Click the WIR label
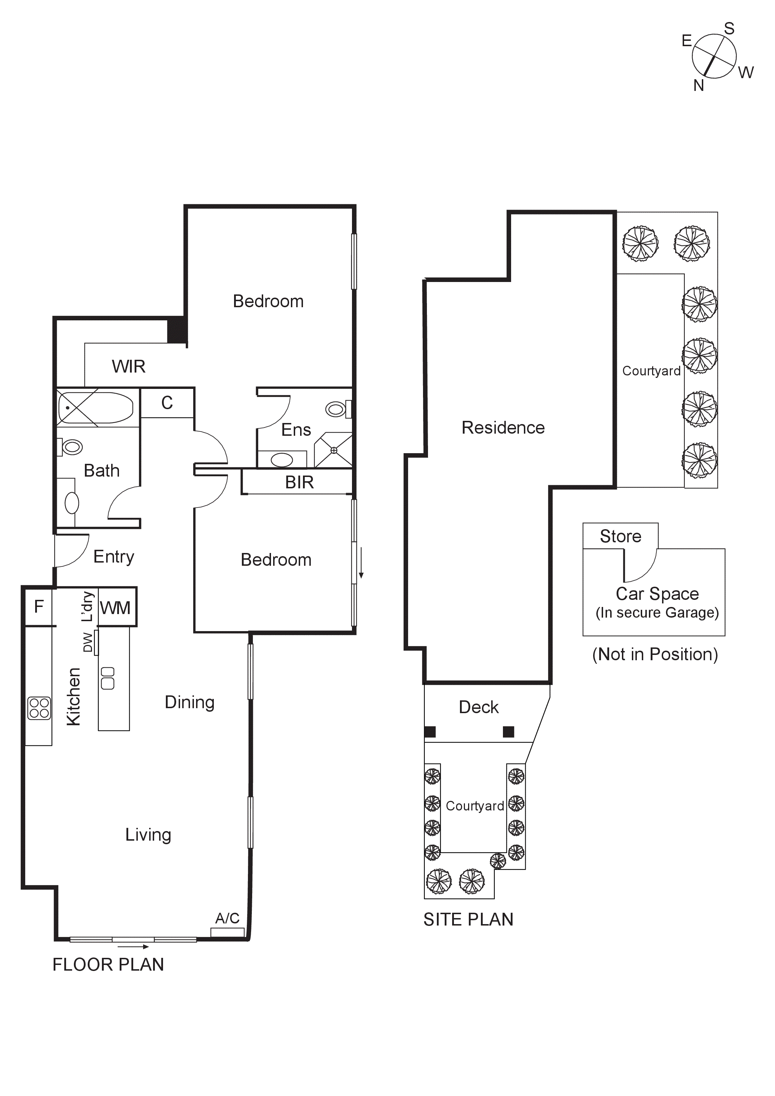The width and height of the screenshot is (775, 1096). pos(129,366)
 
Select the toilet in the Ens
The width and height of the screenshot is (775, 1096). pos(337,409)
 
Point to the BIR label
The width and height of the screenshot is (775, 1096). pos(299,482)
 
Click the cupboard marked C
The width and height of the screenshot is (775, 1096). pos(167,402)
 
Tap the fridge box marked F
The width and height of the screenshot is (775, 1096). pos(39,606)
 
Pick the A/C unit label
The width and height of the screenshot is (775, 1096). pos(227,918)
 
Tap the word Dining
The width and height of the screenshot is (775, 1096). pos(190,702)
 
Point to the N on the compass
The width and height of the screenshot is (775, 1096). pos(699,86)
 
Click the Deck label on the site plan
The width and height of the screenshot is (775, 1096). pos(478,707)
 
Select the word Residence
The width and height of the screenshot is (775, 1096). pos(503,427)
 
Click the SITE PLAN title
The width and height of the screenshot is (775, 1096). pos(468,919)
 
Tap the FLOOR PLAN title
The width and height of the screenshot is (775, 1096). pos(108,964)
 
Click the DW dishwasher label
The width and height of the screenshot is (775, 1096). pos(88,642)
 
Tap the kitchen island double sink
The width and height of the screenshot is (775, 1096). pos(108,678)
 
